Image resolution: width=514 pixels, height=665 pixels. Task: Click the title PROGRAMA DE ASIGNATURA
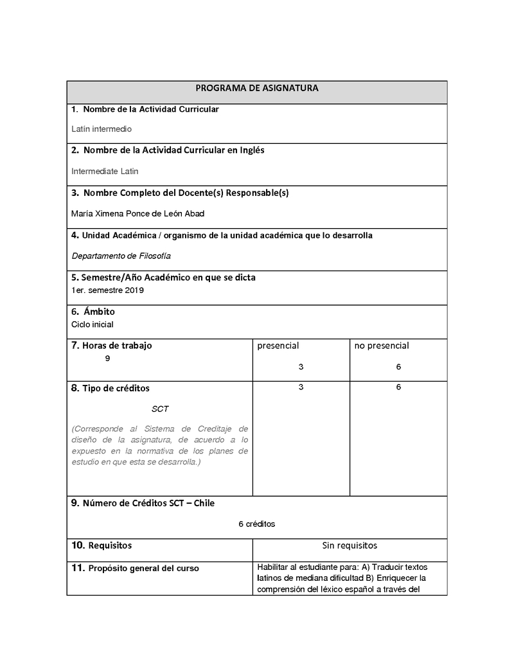click(x=256, y=88)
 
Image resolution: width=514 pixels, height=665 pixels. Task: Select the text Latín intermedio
click(x=102, y=129)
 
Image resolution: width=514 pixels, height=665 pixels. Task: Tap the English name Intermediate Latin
click(x=105, y=172)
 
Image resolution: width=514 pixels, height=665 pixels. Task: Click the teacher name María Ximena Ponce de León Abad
click(x=138, y=213)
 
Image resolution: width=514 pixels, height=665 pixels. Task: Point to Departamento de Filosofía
click(x=121, y=256)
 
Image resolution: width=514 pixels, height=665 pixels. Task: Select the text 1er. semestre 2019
click(x=108, y=290)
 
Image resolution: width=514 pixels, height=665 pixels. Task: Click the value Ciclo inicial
click(x=93, y=324)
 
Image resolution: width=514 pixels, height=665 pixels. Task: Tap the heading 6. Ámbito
click(x=93, y=312)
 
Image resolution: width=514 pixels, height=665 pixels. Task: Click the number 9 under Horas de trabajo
click(x=107, y=359)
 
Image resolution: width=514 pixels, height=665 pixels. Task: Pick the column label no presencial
click(x=382, y=346)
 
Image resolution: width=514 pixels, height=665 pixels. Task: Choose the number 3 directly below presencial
click(x=301, y=367)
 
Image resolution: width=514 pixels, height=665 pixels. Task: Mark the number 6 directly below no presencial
click(x=398, y=367)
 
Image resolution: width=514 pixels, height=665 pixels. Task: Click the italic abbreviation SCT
click(x=160, y=409)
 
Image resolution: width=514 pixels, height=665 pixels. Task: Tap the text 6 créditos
click(x=256, y=524)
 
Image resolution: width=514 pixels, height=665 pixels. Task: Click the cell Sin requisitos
click(x=350, y=545)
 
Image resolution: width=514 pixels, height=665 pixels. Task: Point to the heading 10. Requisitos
click(x=102, y=545)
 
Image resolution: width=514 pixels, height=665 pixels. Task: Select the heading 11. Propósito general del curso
click(x=135, y=568)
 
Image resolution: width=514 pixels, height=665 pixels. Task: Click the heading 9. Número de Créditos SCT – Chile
click(x=143, y=503)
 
